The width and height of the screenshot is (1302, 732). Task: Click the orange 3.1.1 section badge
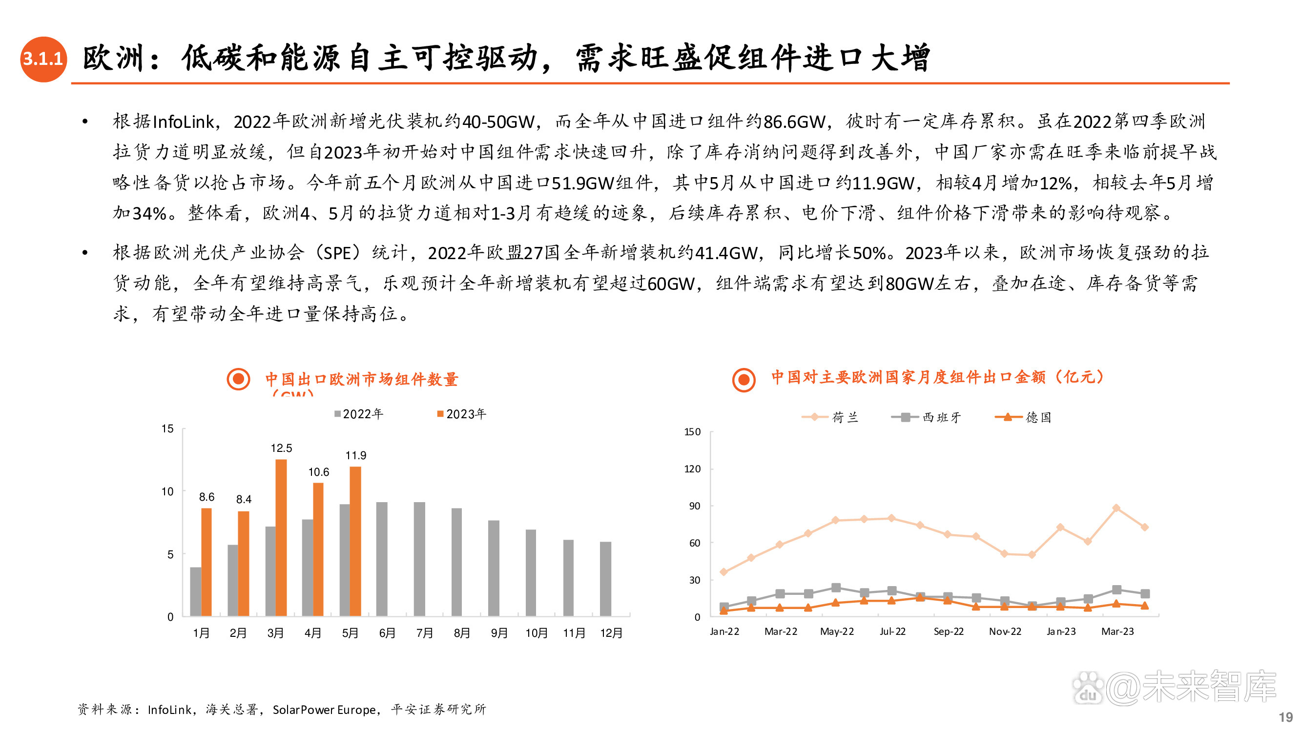(43, 59)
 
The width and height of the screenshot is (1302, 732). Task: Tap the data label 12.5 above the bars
(281, 448)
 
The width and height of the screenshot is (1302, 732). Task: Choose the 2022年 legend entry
(358, 414)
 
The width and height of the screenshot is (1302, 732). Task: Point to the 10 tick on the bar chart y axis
(167, 491)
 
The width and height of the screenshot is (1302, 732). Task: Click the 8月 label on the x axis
(461, 633)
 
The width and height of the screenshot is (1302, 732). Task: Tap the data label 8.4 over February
(244, 499)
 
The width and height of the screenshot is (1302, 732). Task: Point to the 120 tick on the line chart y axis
(692, 469)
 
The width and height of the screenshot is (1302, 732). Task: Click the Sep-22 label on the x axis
(948, 631)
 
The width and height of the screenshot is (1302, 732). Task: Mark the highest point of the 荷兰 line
(1116, 508)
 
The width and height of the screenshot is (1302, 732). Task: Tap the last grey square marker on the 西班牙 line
(1145, 593)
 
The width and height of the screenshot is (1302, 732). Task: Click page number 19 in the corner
(1286, 717)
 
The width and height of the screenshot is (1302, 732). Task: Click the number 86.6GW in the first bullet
(794, 122)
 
